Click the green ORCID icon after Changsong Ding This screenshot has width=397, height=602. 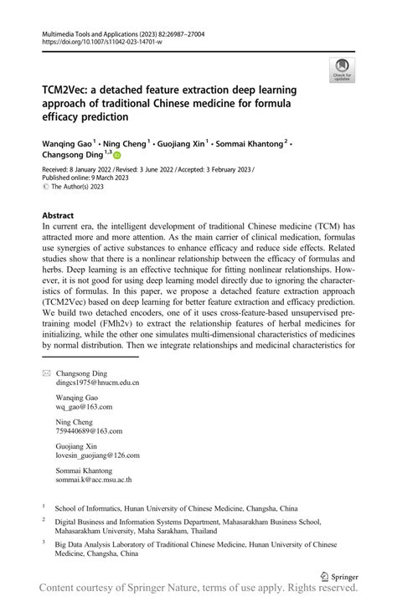click(117, 155)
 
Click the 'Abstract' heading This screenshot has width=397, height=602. click(58, 215)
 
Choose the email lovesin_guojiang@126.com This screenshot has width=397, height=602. click(97, 455)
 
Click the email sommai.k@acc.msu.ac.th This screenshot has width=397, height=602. click(94, 481)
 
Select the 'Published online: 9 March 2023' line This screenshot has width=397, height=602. click(85, 177)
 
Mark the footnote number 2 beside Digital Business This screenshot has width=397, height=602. click(44, 520)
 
